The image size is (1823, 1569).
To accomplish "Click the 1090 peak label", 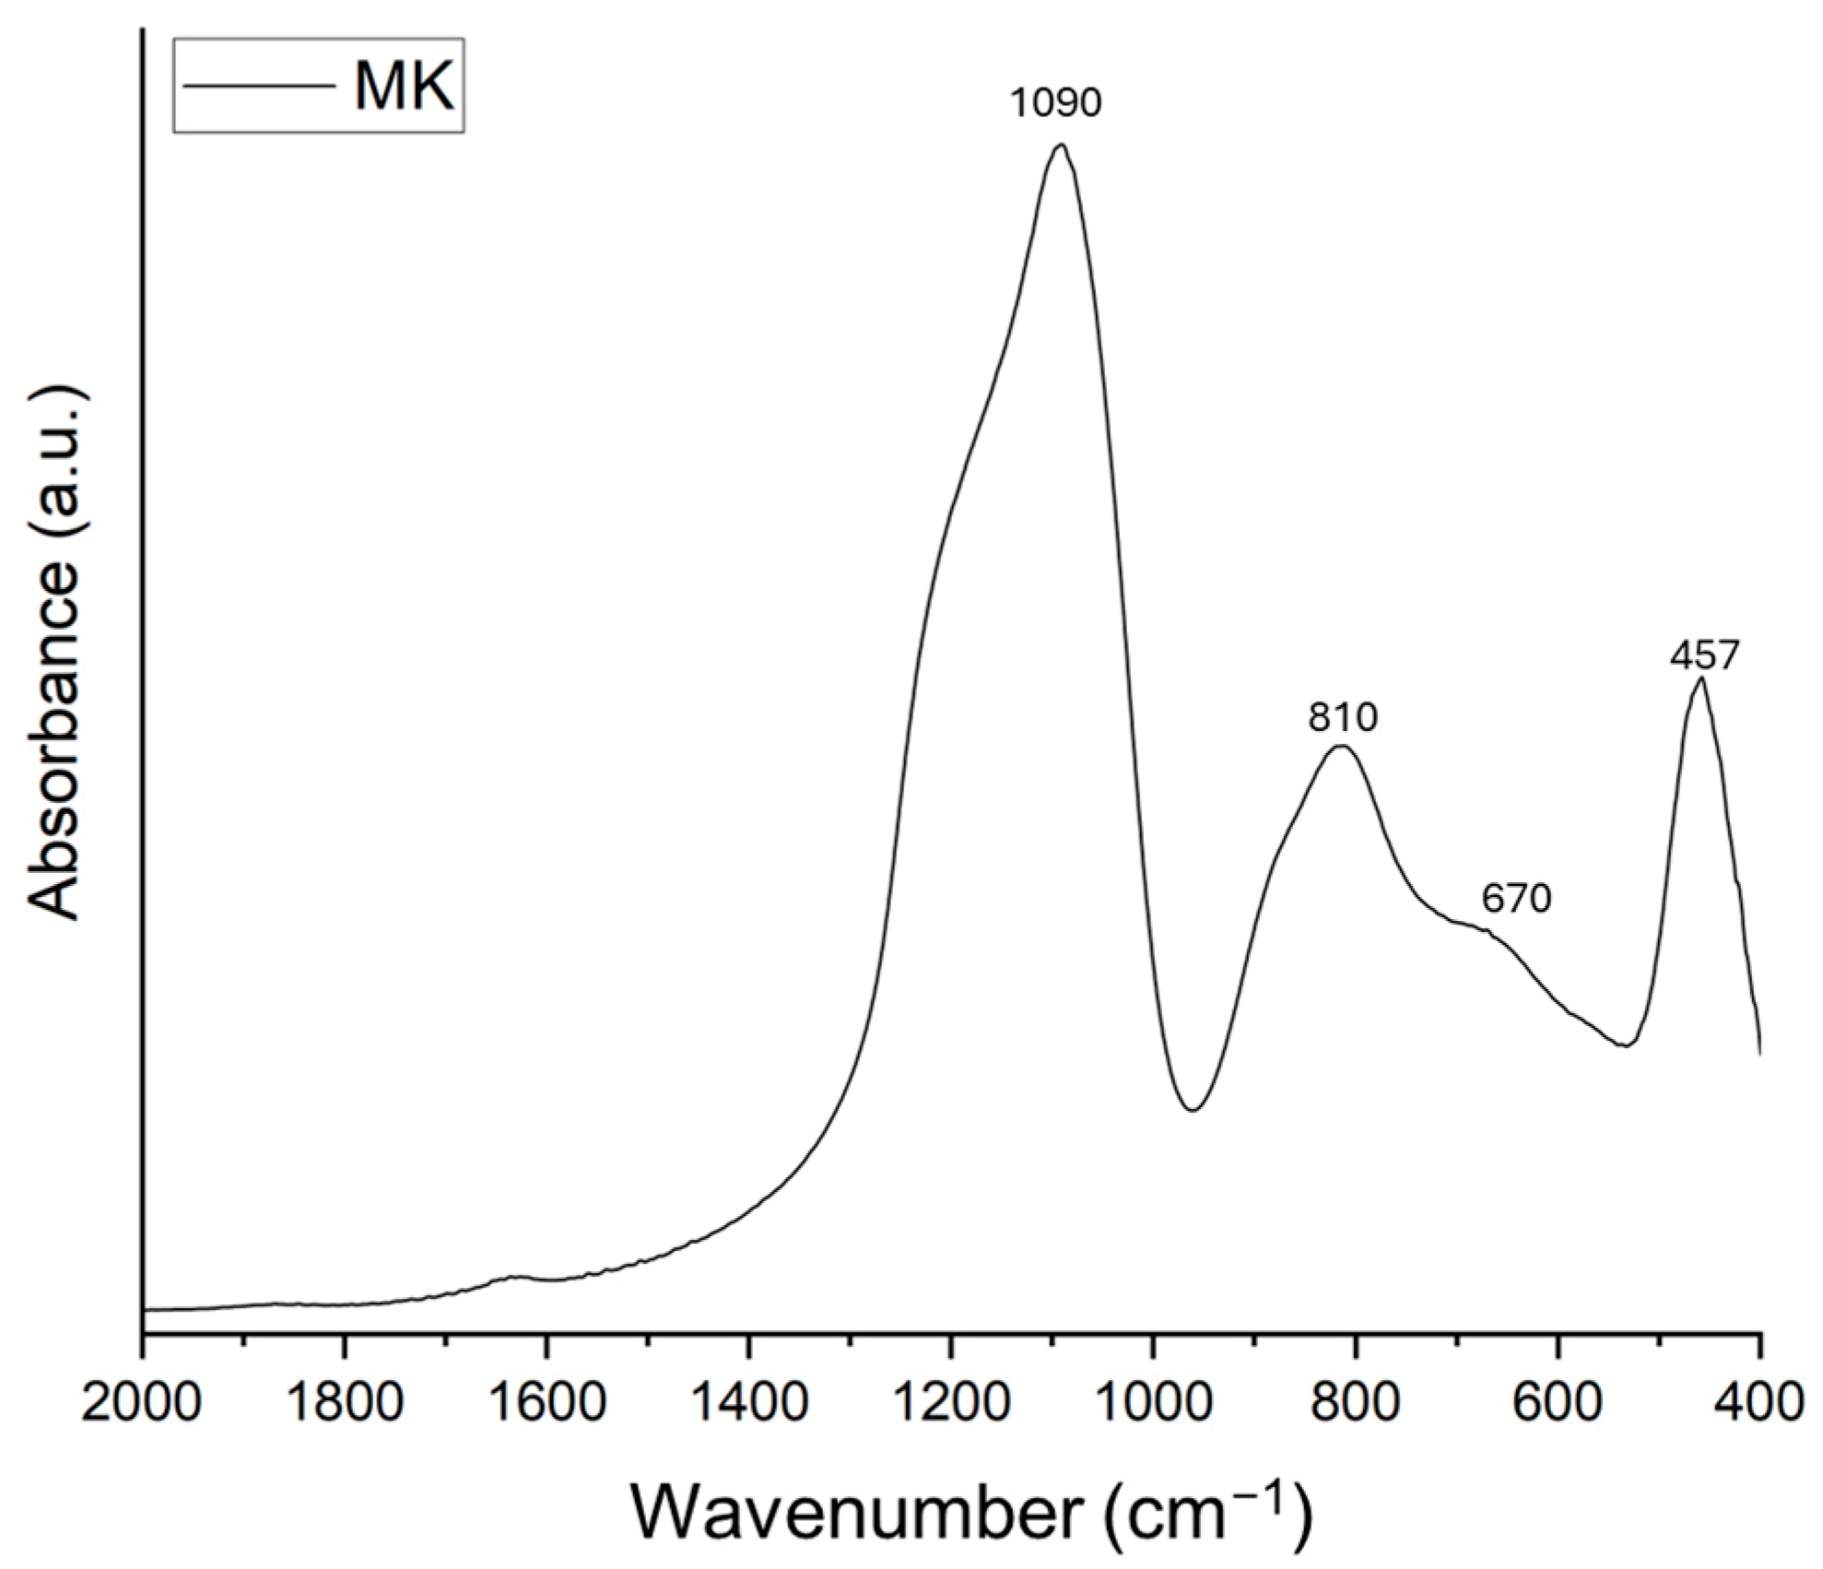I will coord(1055,102).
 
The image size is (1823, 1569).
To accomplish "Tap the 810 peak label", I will coord(1342,716).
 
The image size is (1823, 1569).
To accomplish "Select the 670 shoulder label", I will coord(1516,897).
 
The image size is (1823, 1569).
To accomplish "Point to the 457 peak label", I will coord(1704,655).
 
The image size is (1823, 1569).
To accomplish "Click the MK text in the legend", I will coord(404,87).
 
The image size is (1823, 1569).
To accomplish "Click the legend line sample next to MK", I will coord(259,87).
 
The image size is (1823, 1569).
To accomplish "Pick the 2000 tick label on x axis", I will coord(140,1404).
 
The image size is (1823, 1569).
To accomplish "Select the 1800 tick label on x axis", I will coord(344,1404).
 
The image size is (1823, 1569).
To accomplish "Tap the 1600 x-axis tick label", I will coord(547,1404).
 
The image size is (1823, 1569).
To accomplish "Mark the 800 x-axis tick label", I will coord(1356,1404).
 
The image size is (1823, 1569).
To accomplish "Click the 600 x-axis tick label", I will coord(1558,1404).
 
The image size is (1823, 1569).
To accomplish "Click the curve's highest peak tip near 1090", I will coord(1061,145).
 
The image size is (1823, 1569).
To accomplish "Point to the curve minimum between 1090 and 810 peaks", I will coord(1193,1110).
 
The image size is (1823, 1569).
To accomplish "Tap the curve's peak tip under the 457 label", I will coord(1700,678).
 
